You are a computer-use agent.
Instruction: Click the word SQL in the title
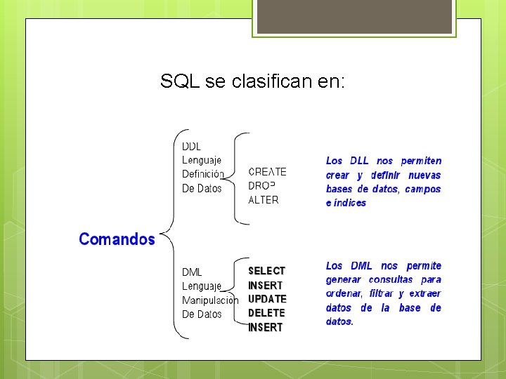(x=180, y=82)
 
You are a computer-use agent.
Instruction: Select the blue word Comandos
(x=117, y=239)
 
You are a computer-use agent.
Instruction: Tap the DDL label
(x=192, y=147)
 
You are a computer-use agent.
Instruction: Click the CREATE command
(x=267, y=172)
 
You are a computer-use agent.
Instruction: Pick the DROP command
(x=262, y=186)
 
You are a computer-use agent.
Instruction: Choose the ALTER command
(x=264, y=200)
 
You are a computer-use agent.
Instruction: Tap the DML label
(x=192, y=272)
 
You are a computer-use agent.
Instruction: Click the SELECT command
(x=266, y=271)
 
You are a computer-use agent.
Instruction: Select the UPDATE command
(x=267, y=299)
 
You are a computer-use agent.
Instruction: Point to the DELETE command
(x=266, y=313)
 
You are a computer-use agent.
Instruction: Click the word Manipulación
(x=210, y=300)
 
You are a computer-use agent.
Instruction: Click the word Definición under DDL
(x=202, y=174)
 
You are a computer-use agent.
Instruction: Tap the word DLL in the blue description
(x=359, y=161)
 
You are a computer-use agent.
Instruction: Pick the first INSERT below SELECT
(x=266, y=286)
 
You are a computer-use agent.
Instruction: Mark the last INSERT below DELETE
(x=266, y=328)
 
